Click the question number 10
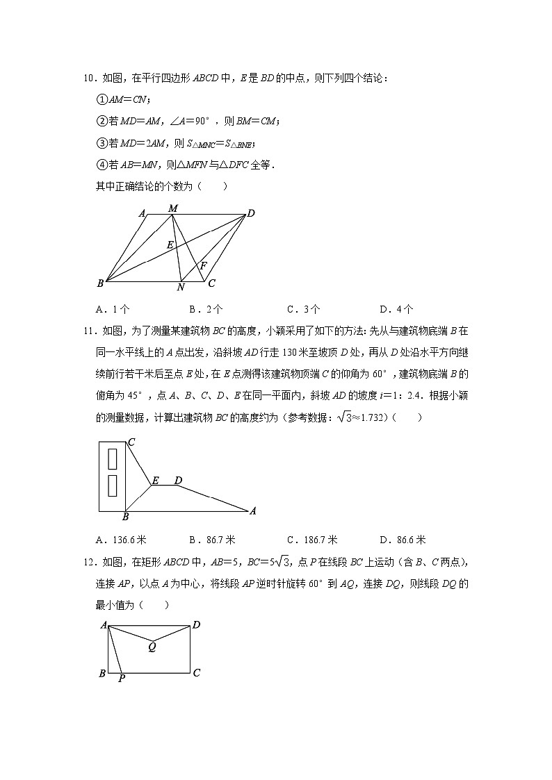point(87,78)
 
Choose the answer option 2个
point(206,309)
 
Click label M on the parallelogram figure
point(173,208)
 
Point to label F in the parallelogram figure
point(203,265)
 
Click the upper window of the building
point(112,459)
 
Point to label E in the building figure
point(155,480)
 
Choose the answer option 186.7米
point(311,540)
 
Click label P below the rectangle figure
point(121,679)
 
